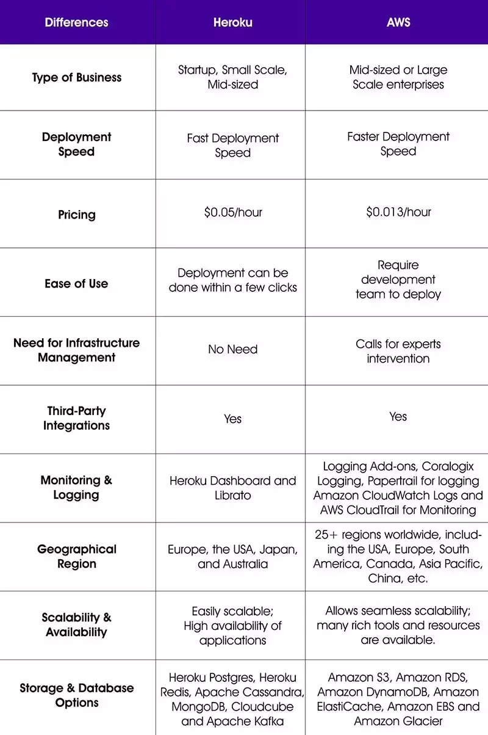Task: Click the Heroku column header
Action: coord(232,23)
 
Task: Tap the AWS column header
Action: coord(398,23)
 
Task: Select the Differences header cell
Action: coord(76,23)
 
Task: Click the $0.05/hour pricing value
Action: coord(232,212)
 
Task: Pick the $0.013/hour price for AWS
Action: coord(398,212)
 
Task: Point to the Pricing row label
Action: coord(76,215)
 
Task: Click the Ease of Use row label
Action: coord(76,283)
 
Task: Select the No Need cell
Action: coord(232,349)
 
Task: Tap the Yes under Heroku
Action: coord(232,419)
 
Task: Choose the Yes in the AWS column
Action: coord(398,416)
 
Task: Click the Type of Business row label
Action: coord(76,78)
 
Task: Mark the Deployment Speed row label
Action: coord(76,144)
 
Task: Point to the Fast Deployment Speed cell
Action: coord(232,145)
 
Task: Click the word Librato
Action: coord(232,495)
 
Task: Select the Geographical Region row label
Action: coord(76,556)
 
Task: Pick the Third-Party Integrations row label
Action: coord(76,418)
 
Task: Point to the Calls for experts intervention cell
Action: coord(398,351)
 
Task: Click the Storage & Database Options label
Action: coord(76,695)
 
